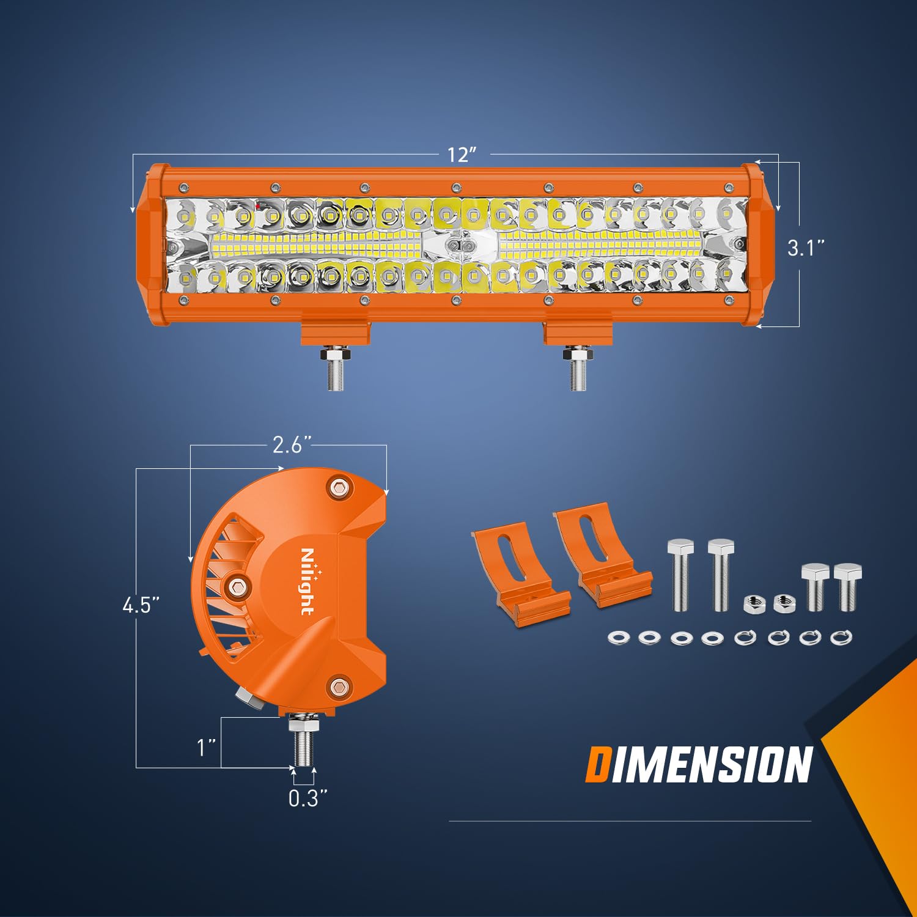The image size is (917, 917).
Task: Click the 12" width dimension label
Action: (x=462, y=154)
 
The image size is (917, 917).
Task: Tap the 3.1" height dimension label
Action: (x=806, y=248)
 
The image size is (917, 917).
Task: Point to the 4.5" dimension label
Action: (x=141, y=605)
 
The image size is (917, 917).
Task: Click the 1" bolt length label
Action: (x=207, y=747)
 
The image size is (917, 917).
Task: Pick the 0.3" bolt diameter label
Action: (x=308, y=798)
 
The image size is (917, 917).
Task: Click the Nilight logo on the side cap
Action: (x=307, y=581)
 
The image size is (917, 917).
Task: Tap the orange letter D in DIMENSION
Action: (x=597, y=764)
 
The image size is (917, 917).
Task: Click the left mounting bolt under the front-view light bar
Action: (x=336, y=368)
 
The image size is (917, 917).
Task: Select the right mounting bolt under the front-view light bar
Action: (x=578, y=368)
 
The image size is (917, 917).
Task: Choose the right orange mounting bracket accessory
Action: (x=602, y=553)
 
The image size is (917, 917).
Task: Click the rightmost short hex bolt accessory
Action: (x=847, y=587)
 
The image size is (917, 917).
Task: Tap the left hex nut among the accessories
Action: (x=751, y=604)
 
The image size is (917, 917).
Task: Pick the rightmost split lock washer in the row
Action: (x=841, y=638)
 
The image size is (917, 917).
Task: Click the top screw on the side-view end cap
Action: (x=339, y=487)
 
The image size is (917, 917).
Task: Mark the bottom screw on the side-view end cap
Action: (x=338, y=686)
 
